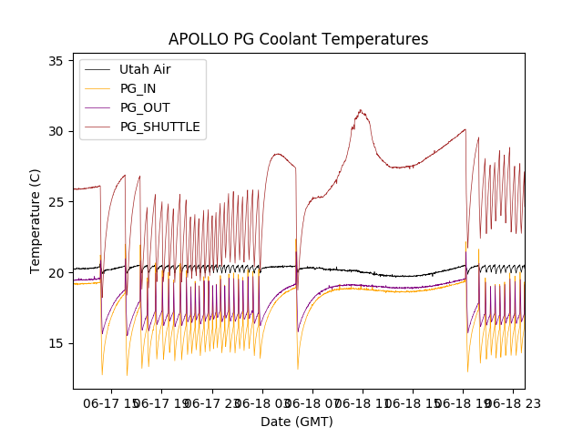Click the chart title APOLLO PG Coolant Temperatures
coord(298,39)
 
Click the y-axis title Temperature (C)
coord(36,221)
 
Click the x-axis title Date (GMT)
coord(297,422)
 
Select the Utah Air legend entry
coord(145,69)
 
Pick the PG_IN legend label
coord(138,88)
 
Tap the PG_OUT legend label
coord(145,107)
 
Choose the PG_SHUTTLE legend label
coord(160,127)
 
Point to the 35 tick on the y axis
coord(56,61)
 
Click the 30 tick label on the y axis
coord(56,131)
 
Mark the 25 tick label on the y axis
coord(56,202)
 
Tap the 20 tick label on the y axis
coord(56,272)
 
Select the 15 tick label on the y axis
coord(56,343)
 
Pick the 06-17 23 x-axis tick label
coord(212,401)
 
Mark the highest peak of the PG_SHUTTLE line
coord(361,110)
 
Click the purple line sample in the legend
coord(97,107)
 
